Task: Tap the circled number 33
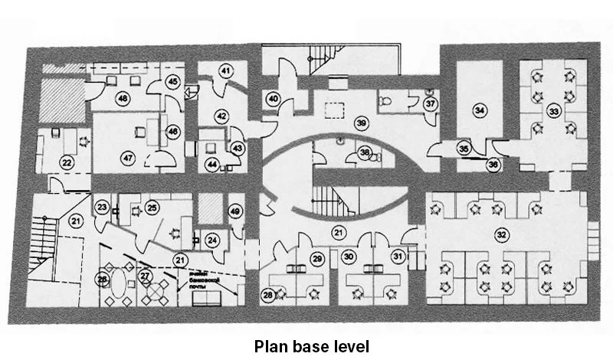coord(554,112)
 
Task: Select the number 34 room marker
coord(480,111)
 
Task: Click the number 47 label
coord(127,158)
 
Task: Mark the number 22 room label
coord(67,162)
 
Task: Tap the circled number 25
coord(152,207)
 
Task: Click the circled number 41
coord(225,71)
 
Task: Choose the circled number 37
coord(431,103)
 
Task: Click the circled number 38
coord(366,153)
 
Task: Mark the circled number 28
coord(268,294)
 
